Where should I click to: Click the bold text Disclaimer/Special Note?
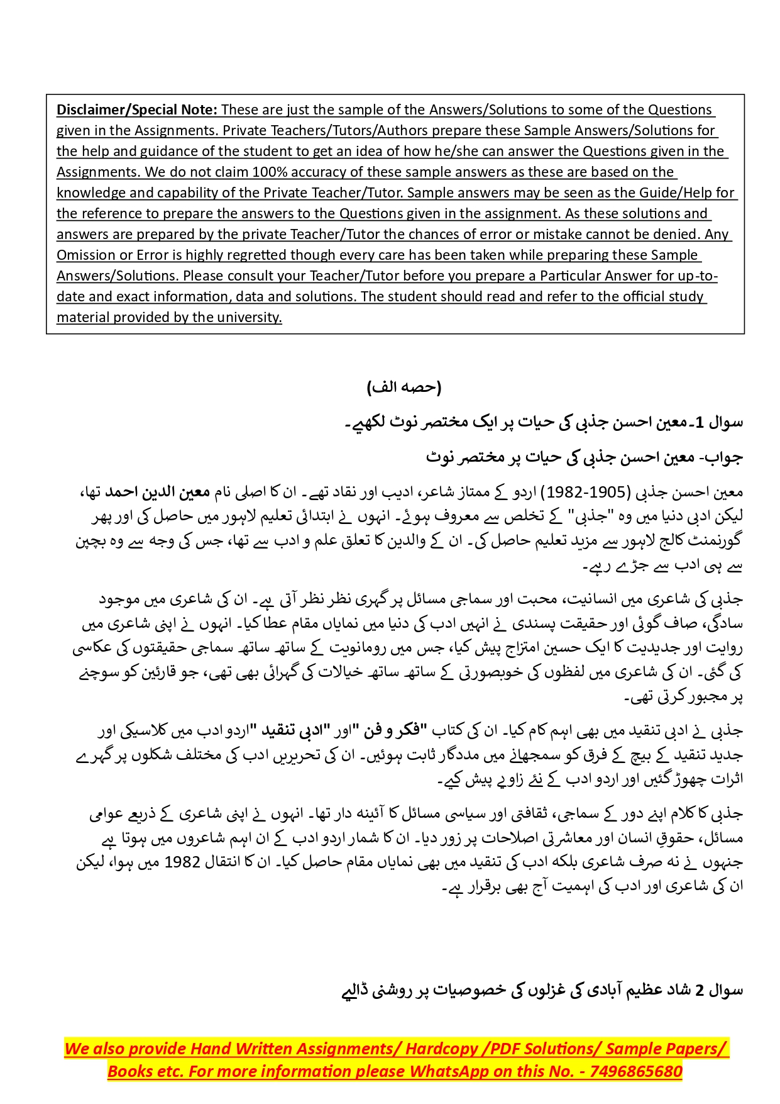(137, 109)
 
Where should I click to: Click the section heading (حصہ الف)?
(404, 387)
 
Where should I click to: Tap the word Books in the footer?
(126, 1071)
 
